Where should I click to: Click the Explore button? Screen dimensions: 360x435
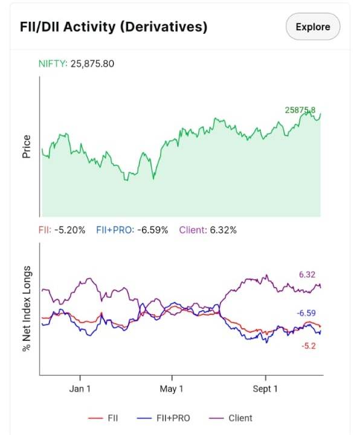(313, 27)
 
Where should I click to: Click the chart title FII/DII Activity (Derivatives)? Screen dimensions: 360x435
(114, 27)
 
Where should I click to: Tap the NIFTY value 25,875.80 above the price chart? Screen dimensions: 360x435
(92, 64)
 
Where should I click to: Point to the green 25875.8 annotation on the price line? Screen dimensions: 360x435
(300, 110)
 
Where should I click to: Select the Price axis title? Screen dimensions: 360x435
(27, 146)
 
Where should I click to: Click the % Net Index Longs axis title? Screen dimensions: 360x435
(27, 309)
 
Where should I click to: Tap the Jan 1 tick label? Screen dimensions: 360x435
(80, 388)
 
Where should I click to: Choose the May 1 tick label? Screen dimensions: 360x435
(172, 388)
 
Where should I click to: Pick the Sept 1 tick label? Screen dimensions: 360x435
(265, 388)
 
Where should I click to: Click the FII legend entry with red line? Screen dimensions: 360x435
(103, 418)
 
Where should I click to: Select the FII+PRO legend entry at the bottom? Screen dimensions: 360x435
(164, 418)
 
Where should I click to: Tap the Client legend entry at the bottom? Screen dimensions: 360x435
(231, 418)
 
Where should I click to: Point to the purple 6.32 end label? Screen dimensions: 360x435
(307, 275)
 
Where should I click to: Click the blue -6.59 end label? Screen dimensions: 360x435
(306, 313)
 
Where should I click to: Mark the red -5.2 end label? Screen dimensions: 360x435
(309, 346)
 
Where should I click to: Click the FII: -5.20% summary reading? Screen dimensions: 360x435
(62, 230)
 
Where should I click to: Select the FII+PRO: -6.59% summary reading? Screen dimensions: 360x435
(132, 230)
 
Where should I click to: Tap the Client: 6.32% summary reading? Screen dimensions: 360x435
(208, 230)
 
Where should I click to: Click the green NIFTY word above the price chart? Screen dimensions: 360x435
(53, 64)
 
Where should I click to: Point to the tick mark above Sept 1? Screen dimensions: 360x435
(266, 378)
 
